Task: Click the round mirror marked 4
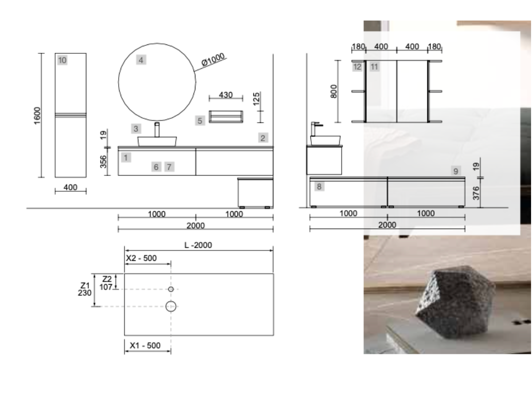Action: (x=119, y=81)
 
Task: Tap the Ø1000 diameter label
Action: (x=213, y=59)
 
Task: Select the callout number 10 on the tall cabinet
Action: (x=62, y=60)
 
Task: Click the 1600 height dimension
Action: (x=37, y=115)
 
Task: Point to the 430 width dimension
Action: (x=226, y=95)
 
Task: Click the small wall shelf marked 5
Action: (x=226, y=117)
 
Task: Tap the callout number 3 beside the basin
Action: (x=136, y=129)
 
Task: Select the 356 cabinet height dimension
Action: (x=103, y=162)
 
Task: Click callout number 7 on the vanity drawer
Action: (x=169, y=167)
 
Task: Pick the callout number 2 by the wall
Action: (x=263, y=138)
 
